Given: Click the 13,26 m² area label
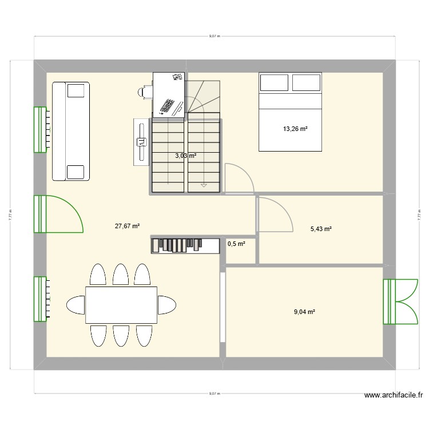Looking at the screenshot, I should (295, 129).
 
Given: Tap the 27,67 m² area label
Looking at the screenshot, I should (128, 226).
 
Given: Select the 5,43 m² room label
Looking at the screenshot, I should (321, 229).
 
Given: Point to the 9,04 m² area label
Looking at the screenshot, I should (304, 312).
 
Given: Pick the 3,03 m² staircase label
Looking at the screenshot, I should (185, 155).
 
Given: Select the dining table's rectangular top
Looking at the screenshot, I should (121, 304).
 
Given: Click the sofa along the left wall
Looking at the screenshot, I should (71, 130).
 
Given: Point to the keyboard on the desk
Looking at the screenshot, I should (168, 106).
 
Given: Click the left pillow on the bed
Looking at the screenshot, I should (274, 82).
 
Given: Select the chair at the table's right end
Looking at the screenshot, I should (167, 304).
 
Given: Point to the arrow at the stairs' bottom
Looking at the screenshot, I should (204, 185).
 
